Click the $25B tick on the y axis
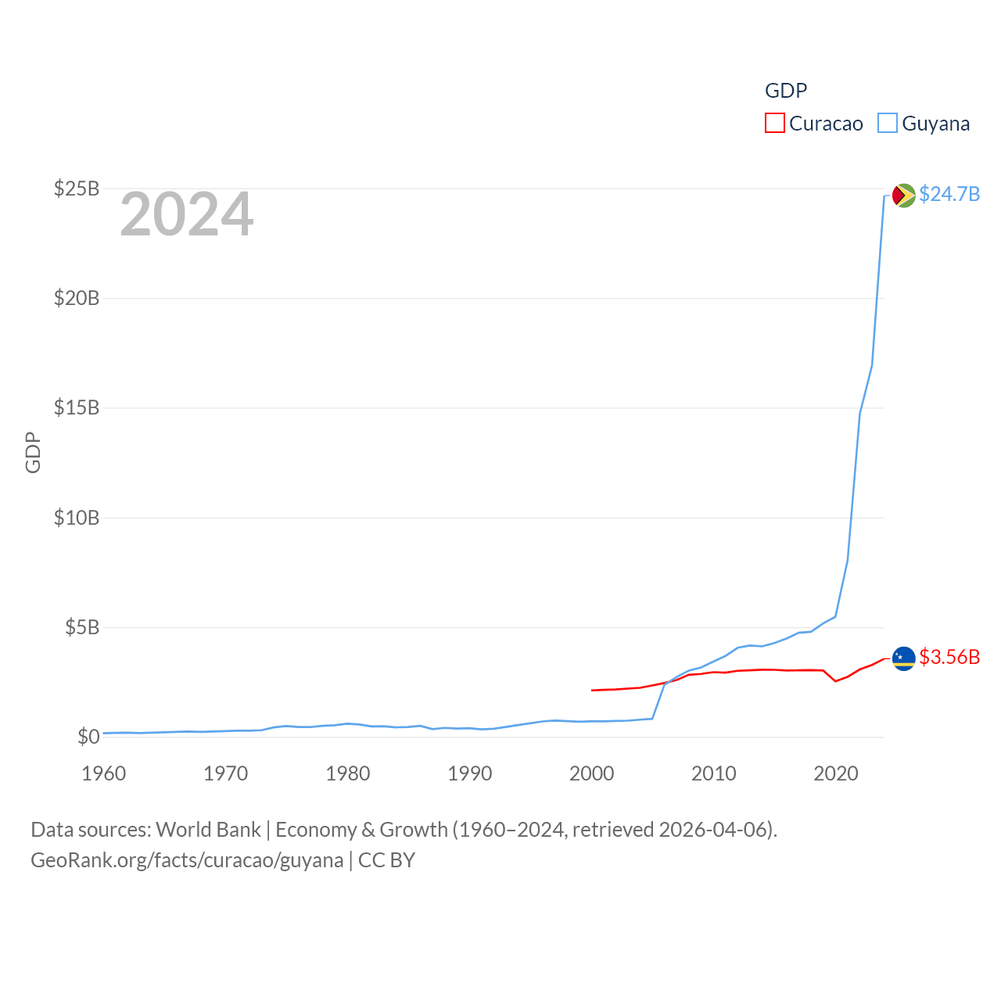pyautogui.click(x=77, y=188)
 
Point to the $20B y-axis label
pyautogui.click(x=77, y=298)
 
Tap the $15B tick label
pyautogui.click(x=77, y=407)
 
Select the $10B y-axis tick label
pyautogui.click(x=77, y=518)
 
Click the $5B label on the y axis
pyautogui.click(x=82, y=627)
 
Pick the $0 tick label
pyautogui.click(x=88, y=737)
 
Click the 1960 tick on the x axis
pyautogui.click(x=104, y=773)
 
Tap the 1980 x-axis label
pyautogui.click(x=348, y=773)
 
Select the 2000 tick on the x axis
pyautogui.click(x=592, y=773)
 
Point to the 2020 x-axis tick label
pyautogui.click(x=836, y=773)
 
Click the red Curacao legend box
pyautogui.click(x=774, y=124)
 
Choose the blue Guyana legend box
pyautogui.click(x=887, y=124)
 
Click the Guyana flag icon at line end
pyautogui.click(x=904, y=195)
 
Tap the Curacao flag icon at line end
pyautogui.click(x=904, y=658)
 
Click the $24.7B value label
pyautogui.click(x=949, y=194)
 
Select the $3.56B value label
pyautogui.click(x=949, y=657)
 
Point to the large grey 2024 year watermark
pyautogui.click(x=187, y=214)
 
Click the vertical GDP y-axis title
pyautogui.click(x=33, y=452)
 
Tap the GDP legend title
pyautogui.click(x=786, y=91)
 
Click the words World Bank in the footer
pyautogui.click(x=209, y=829)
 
